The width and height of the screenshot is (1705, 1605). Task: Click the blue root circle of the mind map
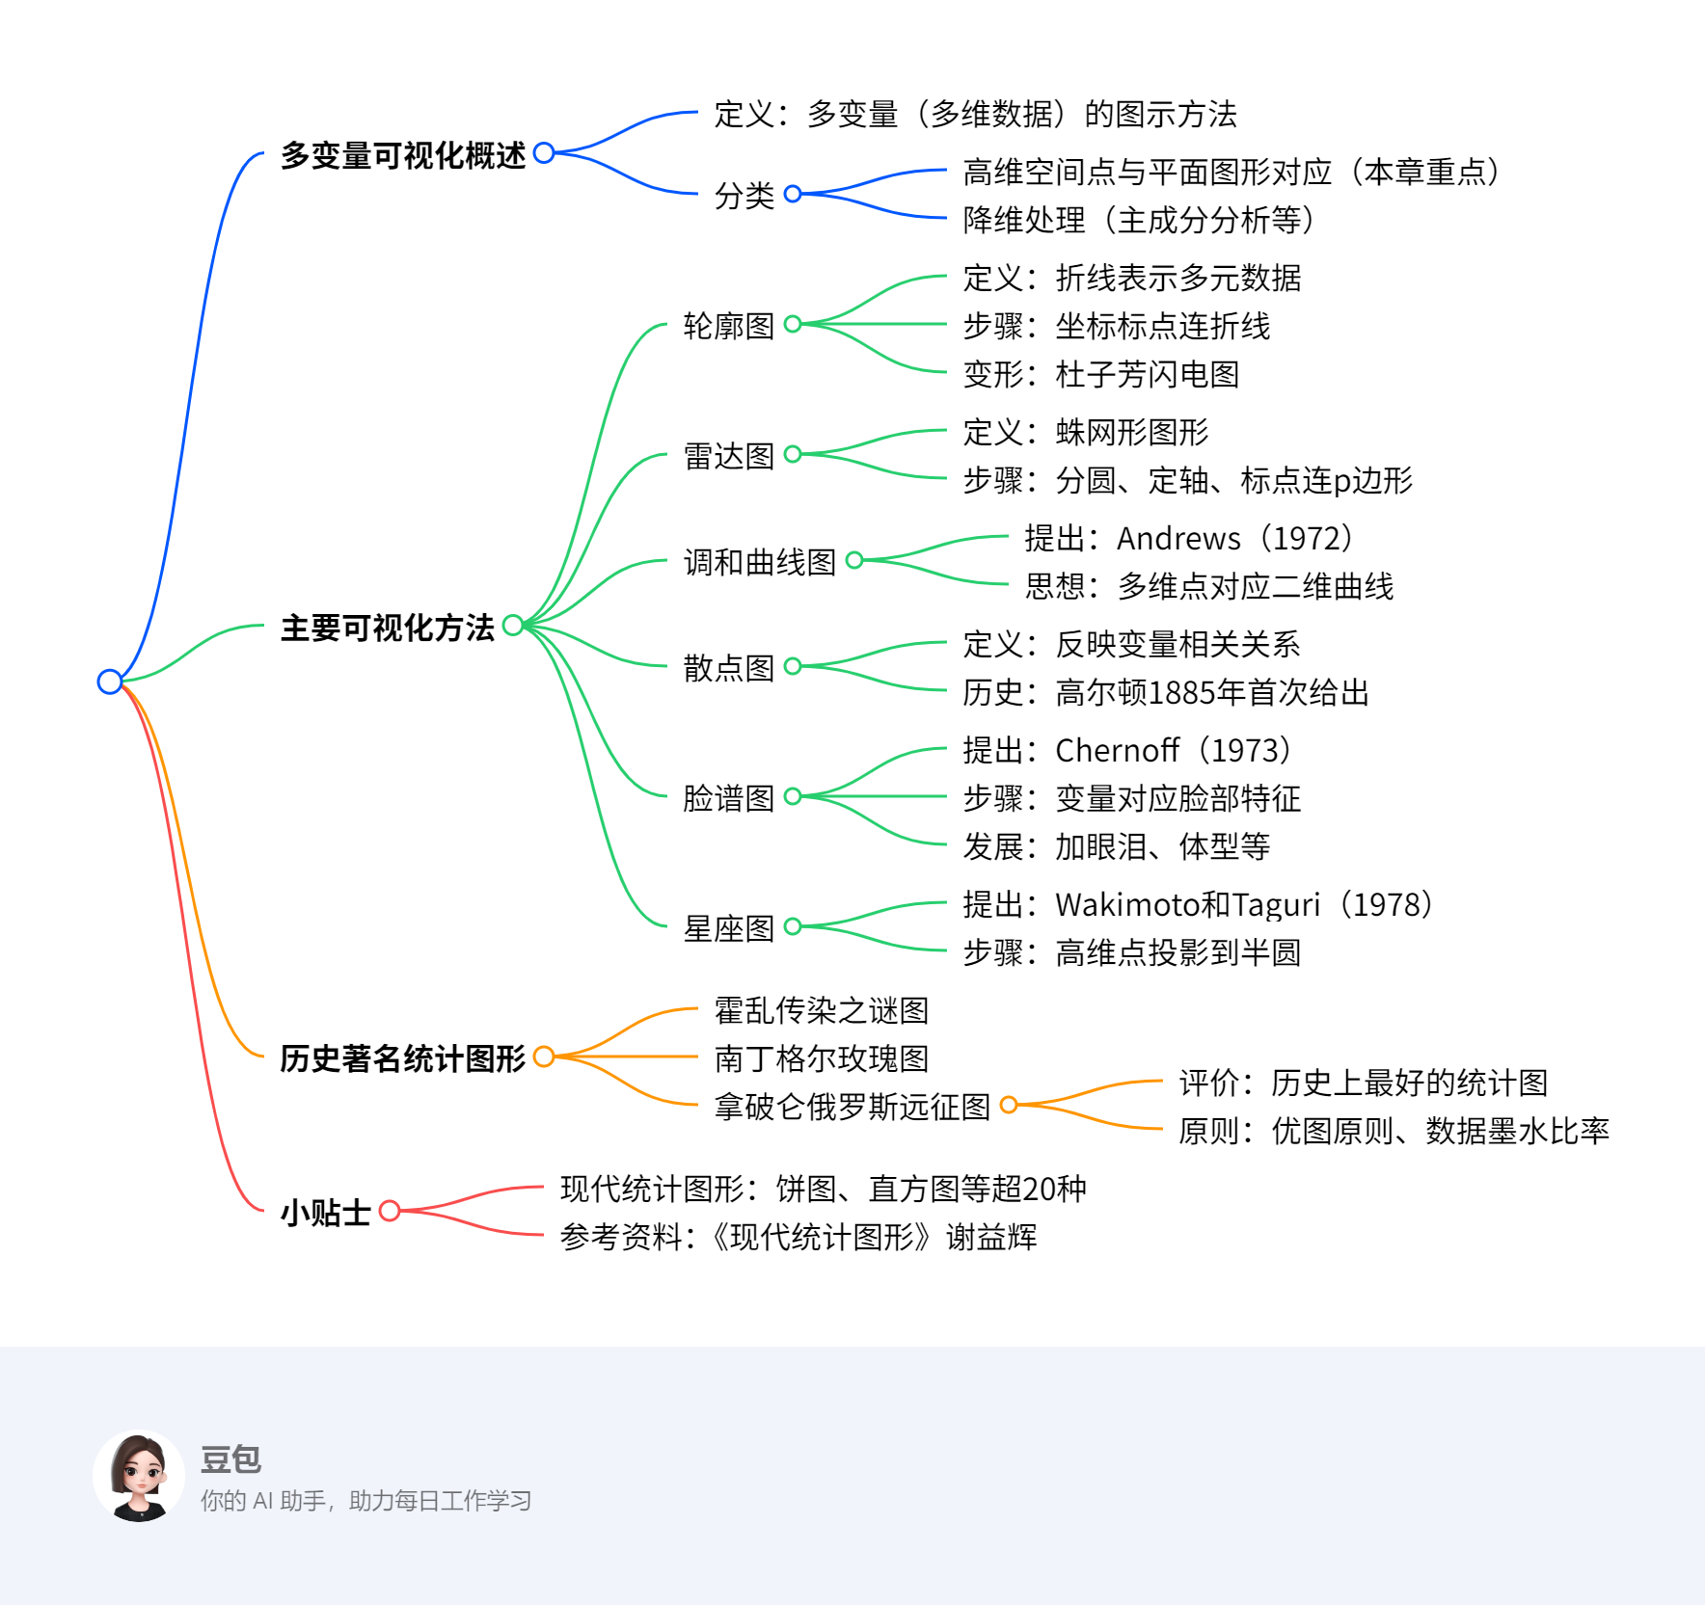[x=110, y=682]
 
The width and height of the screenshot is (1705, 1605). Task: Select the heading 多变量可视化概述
[x=403, y=155]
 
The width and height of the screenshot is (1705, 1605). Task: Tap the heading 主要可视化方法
[x=388, y=628]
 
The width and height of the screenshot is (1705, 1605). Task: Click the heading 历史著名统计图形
[x=403, y=1058]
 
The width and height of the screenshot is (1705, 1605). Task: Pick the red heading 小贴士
[x=326, y=1212]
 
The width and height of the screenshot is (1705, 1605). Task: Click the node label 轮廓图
[x=729, y=326]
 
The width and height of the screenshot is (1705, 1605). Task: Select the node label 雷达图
[x=729, y=456]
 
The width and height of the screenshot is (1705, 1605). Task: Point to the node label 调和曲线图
[x=760, y=562]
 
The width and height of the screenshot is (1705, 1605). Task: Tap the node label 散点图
[x=729, y=668]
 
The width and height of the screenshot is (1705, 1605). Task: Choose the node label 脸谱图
[x=729, y=798]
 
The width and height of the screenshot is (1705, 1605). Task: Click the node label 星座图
[x=729, y=928]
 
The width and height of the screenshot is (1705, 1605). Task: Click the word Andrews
[x=1178, y=539]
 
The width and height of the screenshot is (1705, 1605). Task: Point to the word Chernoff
[x=1117, y=751]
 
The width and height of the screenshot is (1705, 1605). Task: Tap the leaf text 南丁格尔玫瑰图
[x=822, y=1058]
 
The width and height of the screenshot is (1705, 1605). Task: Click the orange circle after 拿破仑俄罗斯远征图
[x=1009, y=1105]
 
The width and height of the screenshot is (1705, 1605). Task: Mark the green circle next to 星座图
[x=793, y=926]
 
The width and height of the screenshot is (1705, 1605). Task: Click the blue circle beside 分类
[x=793, y=194]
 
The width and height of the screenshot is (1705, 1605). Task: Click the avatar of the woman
[x=140, y=1476]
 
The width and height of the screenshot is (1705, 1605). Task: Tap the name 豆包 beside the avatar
[x=231, y=1459]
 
